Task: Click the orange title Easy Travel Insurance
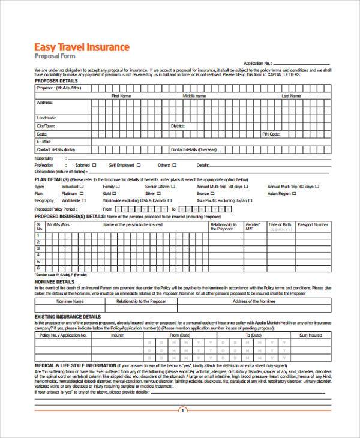tap(82, 47)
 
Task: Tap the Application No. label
tap(257, 63)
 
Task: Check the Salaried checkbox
tap(95, 164)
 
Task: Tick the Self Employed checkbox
tap(139, 164)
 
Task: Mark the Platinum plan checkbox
tap(82, 194)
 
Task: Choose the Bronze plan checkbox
tap(214, 194)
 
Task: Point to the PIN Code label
tap(271, 134)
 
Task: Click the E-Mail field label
tap(44, 142)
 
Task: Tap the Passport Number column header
tap(313, 224)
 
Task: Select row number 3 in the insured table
tap(39, 247)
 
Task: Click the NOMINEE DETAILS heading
tap(55, 281)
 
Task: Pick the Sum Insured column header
tap(311, 335)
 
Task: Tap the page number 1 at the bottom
tap(183, 410)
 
